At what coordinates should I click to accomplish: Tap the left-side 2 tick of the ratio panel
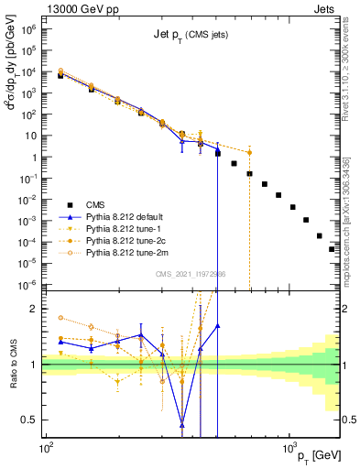[x=35, y=309]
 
